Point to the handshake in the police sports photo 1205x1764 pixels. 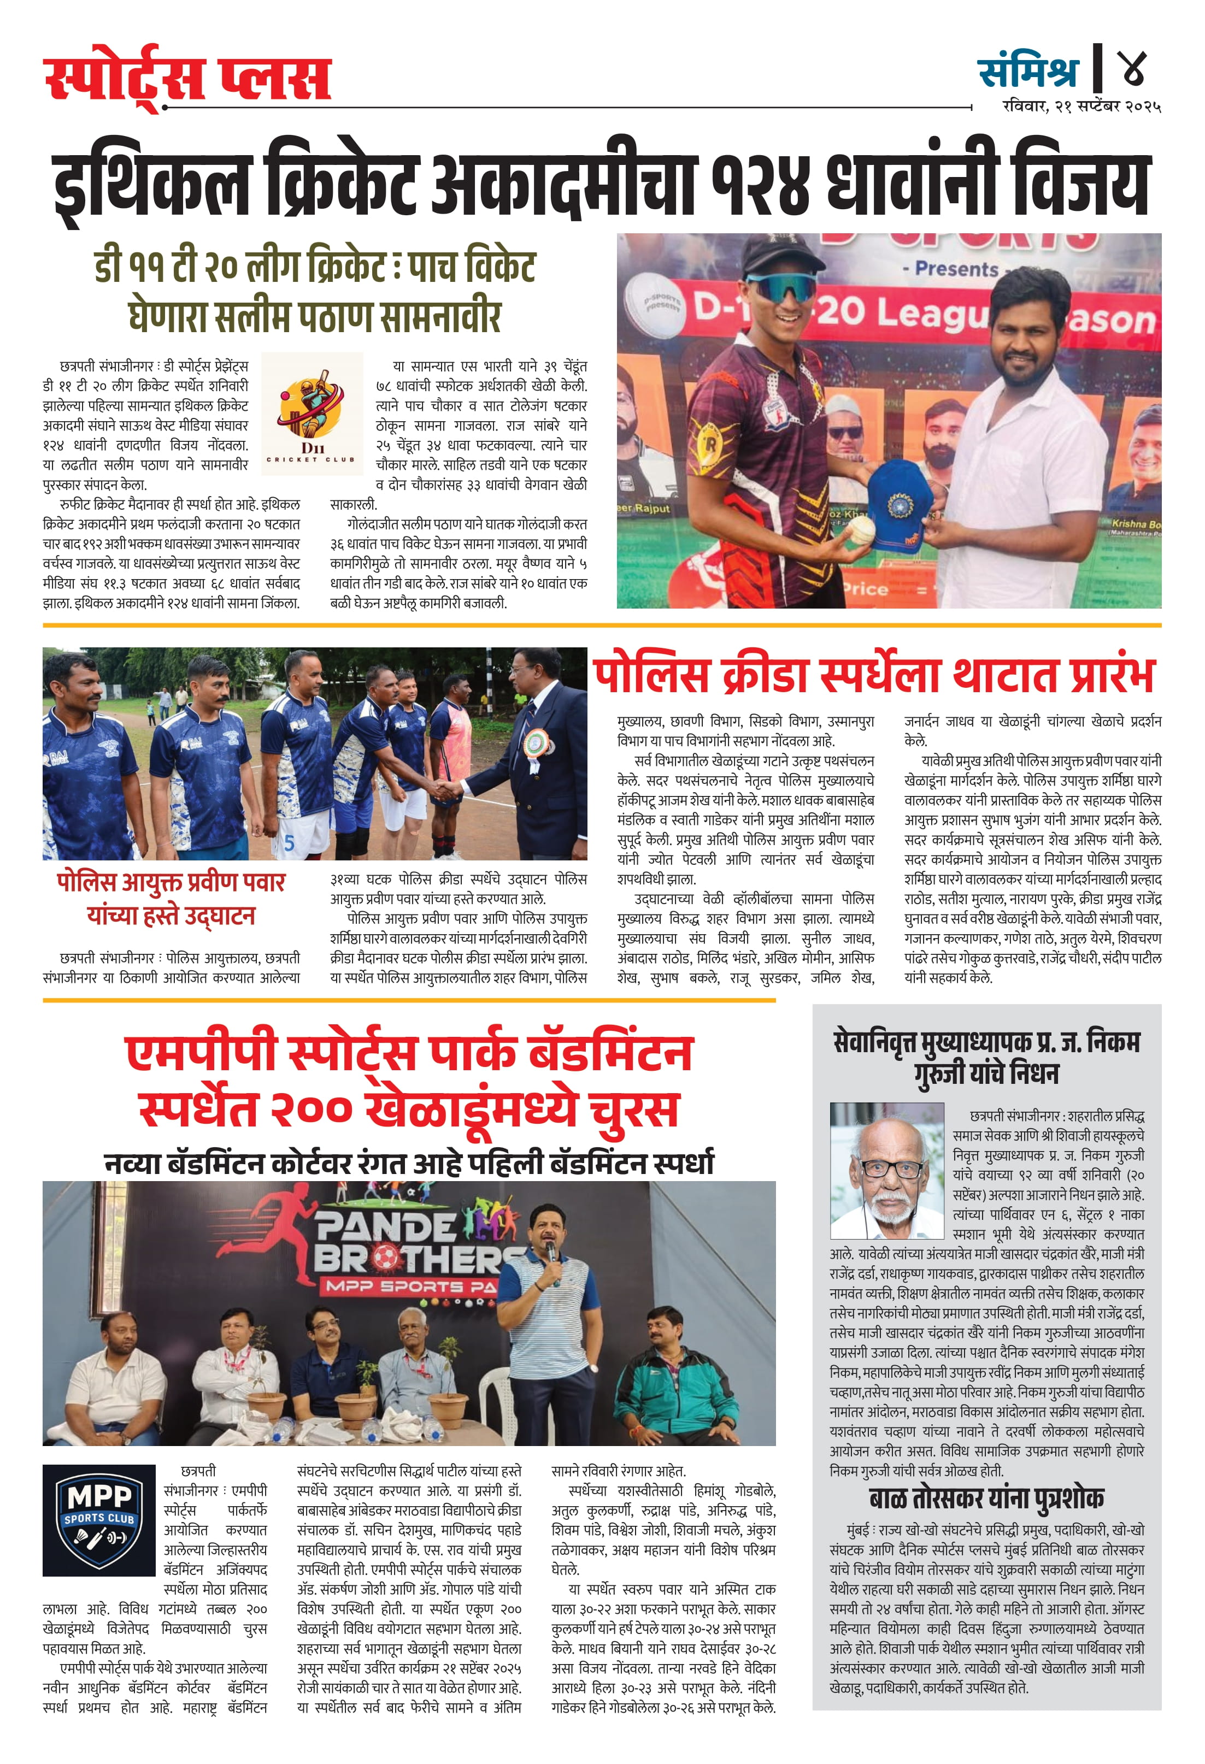(446, 790)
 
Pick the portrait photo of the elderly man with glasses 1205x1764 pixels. (887, 1170)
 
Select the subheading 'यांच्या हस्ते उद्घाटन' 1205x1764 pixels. (171, 916)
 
